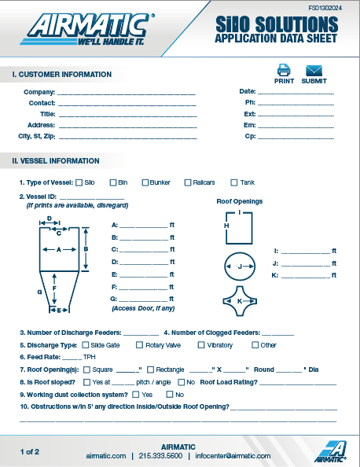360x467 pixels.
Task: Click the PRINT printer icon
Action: (x=284, y=70)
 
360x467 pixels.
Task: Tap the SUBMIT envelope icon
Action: (x=314, y=70)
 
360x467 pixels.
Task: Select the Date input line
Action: (x=296, y=93)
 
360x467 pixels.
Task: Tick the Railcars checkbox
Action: (x=187, y=182)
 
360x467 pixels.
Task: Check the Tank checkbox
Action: (x=233, y=182)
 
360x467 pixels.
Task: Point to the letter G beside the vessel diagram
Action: (x=39, y=291)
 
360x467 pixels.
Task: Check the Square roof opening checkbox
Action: (x=86, y=370)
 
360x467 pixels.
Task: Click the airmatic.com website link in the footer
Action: (x=105, y=456)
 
